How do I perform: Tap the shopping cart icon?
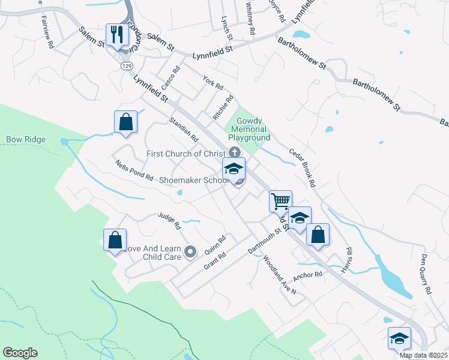pyautogui.click(x=280, y=201)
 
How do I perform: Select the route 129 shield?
pyautogui.click(x=125, y=65)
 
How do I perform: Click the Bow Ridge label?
pyautogui.click(x=26, y=140)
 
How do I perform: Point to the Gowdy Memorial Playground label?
pyautogui.click(x=249, y=129)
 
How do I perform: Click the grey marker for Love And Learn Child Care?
pyautogui.click(x=190, y=252)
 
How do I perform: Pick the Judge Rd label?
pyautogui.click(x=169, y=221)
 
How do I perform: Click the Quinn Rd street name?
pyautogui.click(x=214, y=244)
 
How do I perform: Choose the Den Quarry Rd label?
pyautogui.click(x=426, y=274)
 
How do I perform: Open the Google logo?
pyautogui.click(x=20, y=353)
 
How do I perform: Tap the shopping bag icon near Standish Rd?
pyautogui.click(x=125, y=121)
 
